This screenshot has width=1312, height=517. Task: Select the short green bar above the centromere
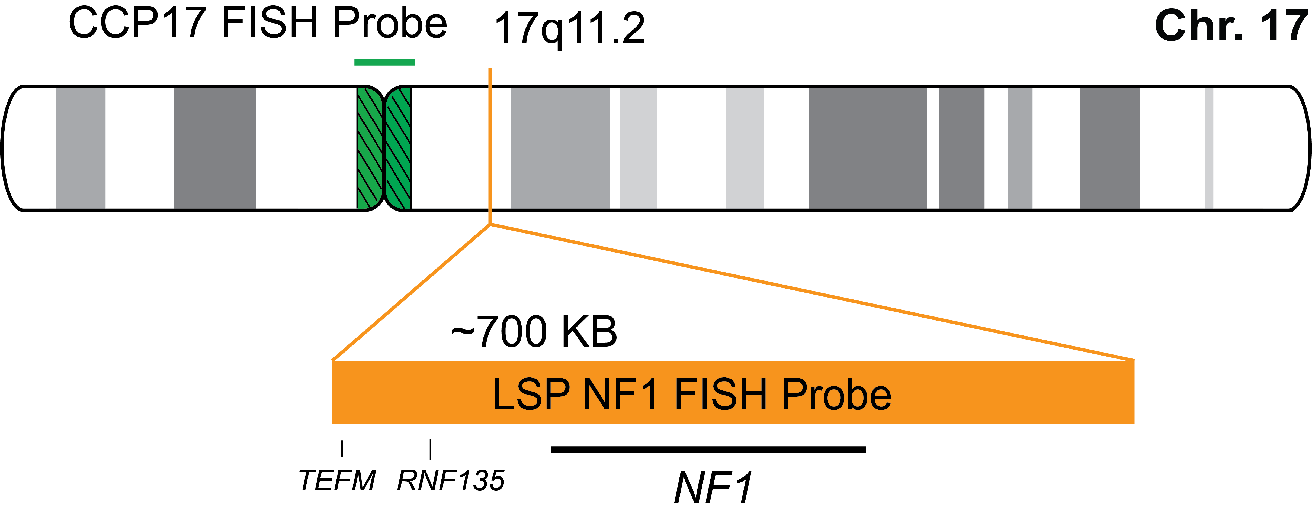click(x=384, y=62)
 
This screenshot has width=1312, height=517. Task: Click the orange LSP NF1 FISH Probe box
click(x=733, y=392)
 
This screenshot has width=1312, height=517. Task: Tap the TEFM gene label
click(x=337, y=480)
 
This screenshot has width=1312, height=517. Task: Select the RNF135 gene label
click(x=451, y=480)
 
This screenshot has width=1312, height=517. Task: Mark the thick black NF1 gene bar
click(x=708, y=449)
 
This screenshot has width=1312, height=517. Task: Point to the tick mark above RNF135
click(x=430, y=449)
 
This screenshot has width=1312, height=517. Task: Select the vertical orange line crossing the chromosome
click(x=490, y=148)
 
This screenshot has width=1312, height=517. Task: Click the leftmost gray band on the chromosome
click(x=81, y=148)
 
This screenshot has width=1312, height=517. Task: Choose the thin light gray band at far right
click(x=1209, y=148)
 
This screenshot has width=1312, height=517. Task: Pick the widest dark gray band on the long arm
click(x=867, y=148)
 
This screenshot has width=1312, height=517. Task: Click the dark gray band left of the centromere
click(x=215, y=148)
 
